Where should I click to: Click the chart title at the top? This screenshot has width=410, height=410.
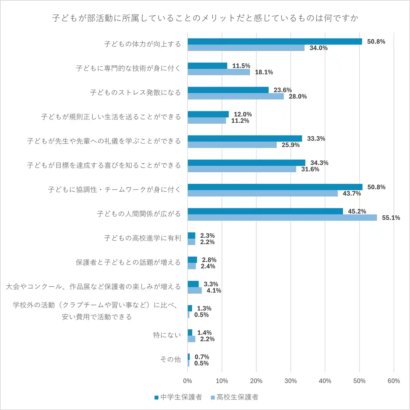(x=205, y=18)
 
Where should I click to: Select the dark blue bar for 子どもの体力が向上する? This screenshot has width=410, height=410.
(x=275, y=42)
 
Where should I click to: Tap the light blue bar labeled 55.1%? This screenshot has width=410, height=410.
(x=282, y=218)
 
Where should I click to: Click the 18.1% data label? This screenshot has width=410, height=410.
(x=264, y=72)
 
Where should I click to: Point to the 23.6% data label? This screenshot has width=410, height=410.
(x=282, y=90)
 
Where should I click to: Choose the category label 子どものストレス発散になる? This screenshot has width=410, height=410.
(x=135, y=93)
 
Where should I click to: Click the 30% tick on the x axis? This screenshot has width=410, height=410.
(x=290, y=381)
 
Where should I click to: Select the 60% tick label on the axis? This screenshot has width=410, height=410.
(x=394, y=381)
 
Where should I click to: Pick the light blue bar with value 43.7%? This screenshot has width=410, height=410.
(x=263, y=193)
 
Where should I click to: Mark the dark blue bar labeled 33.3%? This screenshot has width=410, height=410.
(x=245, y=138)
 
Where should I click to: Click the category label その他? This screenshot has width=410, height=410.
(x=171, y=359)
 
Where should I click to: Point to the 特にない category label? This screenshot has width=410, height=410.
(x=167, y=335)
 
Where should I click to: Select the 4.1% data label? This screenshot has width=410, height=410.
(x=214, y=291)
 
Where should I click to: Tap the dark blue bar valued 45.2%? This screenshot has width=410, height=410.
(x=265, y=211)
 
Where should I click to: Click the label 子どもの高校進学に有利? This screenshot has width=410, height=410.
(x=142, y=238)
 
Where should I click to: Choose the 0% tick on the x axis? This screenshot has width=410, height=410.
(x=188, y=381)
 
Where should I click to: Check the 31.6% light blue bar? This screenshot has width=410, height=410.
(x=242, y=169)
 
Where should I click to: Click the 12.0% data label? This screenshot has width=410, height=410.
(x=243, y=114)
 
